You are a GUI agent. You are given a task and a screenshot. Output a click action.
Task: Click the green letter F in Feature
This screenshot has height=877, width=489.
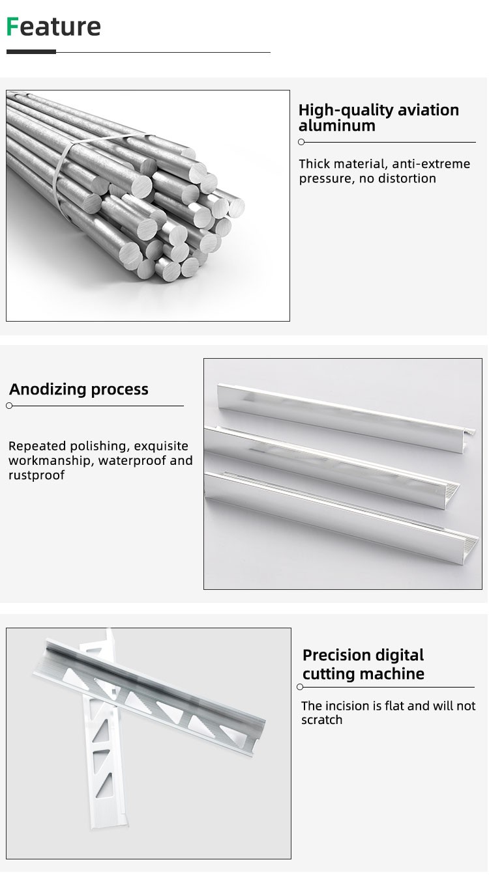pos(12,27)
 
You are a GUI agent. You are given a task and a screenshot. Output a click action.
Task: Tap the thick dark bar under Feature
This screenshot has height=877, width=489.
pos(31,51)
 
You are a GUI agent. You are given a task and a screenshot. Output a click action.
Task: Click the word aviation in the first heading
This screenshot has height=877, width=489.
pos(428,110)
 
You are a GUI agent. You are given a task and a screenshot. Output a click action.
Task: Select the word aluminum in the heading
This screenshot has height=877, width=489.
pos(337,126)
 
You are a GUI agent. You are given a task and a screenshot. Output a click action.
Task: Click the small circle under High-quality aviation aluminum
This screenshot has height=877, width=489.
pos(301,142)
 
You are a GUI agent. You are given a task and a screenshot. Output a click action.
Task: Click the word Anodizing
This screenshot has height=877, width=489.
pos(48,389)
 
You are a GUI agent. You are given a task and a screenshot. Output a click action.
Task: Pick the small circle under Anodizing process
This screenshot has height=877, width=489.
pos(9,406)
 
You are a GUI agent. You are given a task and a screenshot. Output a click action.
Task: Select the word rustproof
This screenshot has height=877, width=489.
pos(37,475)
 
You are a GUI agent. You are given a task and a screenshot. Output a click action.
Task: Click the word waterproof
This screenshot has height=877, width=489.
pos(132,461)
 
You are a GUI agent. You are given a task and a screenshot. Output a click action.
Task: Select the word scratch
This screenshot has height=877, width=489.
pos(321,720)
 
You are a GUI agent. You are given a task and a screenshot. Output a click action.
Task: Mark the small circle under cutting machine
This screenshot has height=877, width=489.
pos(300,687)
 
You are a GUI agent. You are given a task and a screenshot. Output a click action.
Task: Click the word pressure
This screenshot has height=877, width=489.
pos(325,179)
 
